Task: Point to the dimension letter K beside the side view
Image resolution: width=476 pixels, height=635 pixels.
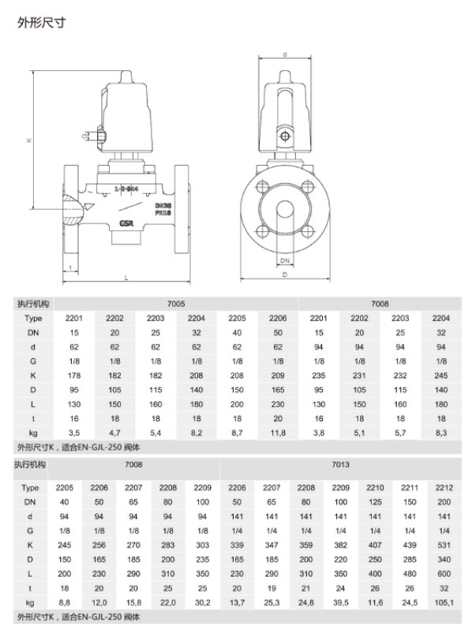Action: (28, 140)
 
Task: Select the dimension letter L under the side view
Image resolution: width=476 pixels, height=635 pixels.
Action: (126, 278)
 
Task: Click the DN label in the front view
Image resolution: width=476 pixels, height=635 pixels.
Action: (285, 259)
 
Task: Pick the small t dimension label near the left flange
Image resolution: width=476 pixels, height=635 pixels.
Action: (70, 267)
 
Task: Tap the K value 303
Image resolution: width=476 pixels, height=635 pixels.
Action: (203, 544)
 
